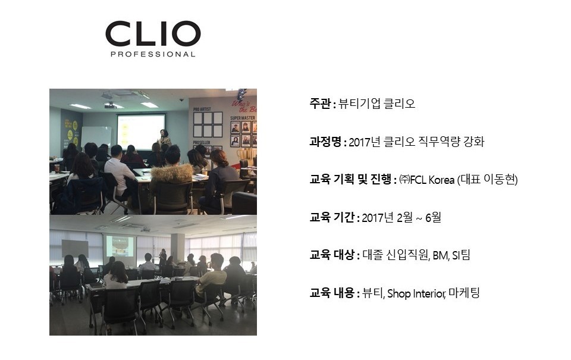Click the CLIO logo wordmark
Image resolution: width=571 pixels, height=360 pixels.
(x=153, y=33)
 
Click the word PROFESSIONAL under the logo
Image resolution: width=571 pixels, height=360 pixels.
(x=153, y=54)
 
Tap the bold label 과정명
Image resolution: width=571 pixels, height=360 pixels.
(x=325, y=142)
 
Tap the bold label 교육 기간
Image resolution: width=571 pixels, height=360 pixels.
(x=332, y=217)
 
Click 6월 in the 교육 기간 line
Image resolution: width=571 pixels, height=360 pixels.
(x=433, y=218)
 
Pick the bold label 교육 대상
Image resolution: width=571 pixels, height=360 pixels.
(x=332, y=255)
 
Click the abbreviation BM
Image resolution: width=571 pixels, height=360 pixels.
(x=440, y=255)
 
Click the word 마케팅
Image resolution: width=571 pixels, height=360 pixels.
(x=465, y=293)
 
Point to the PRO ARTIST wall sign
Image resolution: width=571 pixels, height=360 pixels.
(x=202, y=109)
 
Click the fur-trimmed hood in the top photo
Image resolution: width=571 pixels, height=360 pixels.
(x=171, y=173)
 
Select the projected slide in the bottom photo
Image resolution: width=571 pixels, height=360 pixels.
(x=119, y=246)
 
